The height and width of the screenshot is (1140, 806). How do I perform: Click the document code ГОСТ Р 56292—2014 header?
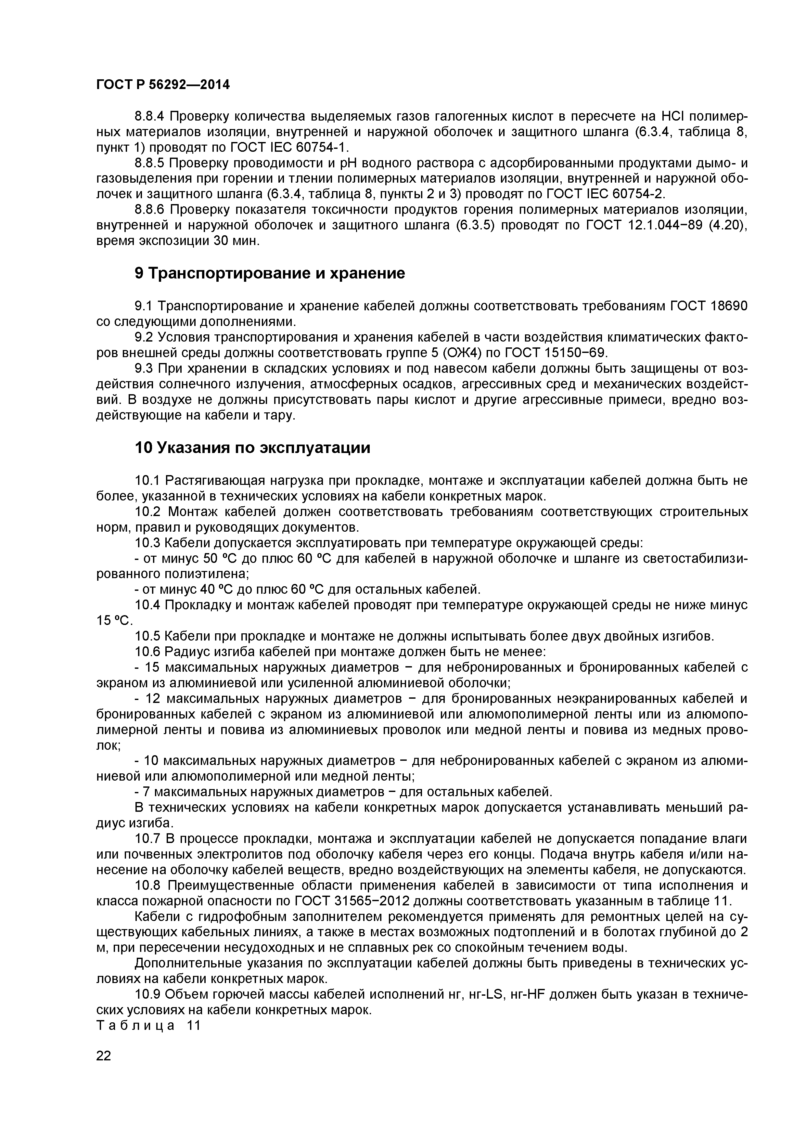pos(163,85)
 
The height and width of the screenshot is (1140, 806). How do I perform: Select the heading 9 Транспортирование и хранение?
pos(270,273)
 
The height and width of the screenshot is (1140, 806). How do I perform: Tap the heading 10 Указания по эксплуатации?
pos(253,448)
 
